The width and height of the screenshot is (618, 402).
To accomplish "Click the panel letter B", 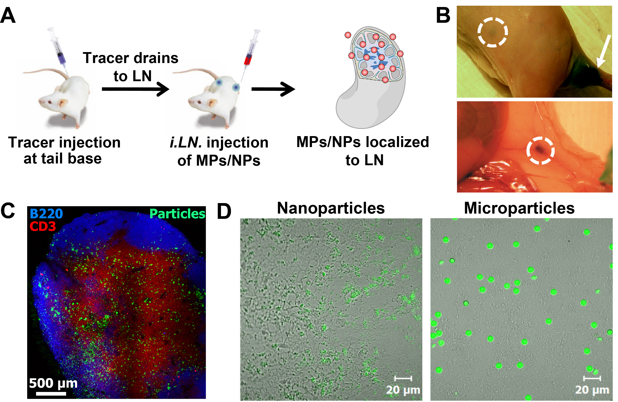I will (x=443, y=16).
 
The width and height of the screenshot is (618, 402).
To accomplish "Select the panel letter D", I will (x=224, y=211).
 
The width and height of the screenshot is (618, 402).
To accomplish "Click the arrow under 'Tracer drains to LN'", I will (x=135, y=89).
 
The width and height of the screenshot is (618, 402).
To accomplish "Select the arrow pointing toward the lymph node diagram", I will (x=273, y=89).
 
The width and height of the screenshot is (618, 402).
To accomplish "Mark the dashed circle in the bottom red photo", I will (x=540, y=150).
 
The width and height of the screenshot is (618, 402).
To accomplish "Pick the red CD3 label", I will (x=42, y=226).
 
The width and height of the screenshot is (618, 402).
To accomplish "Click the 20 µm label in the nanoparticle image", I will (x=403, y=390).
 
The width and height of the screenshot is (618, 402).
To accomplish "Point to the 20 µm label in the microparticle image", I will (x=592, y=390).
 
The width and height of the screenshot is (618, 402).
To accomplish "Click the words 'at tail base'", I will (x=63, y=158).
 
